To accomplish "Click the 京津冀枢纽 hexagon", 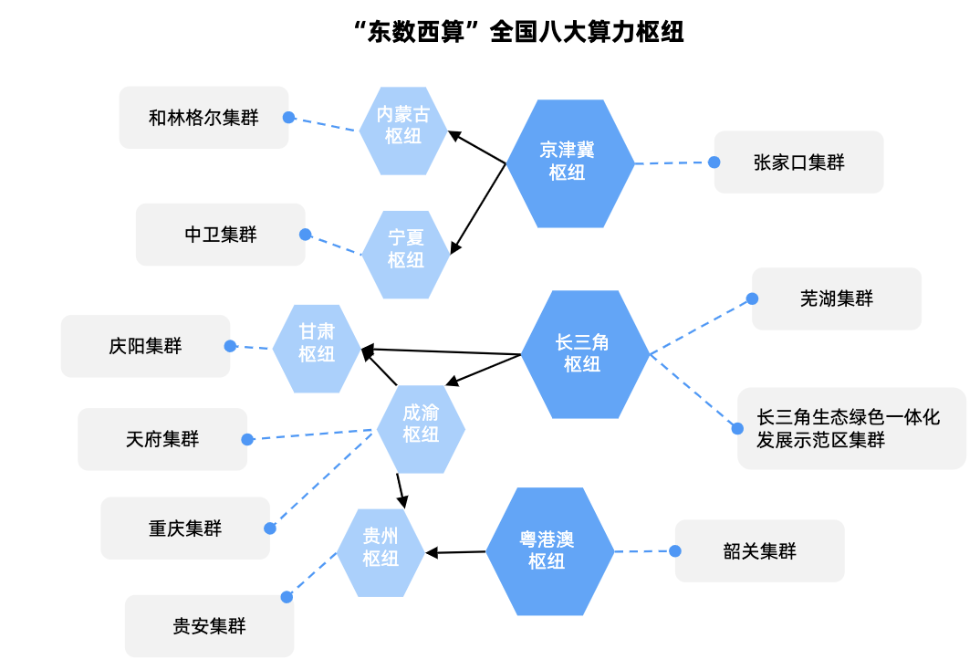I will [x=569, y=163].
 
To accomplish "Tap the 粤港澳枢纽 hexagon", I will [x=548, y=551].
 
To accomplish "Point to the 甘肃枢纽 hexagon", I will [x=317, y=349].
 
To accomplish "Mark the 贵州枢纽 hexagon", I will [x=381, y=552].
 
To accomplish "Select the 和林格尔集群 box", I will [x=203, y=118].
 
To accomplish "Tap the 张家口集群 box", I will [x=798, y=162].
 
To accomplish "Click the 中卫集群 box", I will [x=221, y=235].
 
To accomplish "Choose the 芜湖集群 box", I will [x=836, y=298].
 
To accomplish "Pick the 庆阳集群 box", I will [x=145, y=346].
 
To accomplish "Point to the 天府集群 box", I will [x=162, y=439].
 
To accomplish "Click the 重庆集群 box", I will [x=185, y=529].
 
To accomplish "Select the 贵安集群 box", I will [x=209, y=626].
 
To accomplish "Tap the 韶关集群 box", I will [x=759, y=551].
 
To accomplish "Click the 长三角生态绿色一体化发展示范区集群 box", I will [x=850, y=428].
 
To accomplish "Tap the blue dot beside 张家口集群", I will [x=714, y=162].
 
